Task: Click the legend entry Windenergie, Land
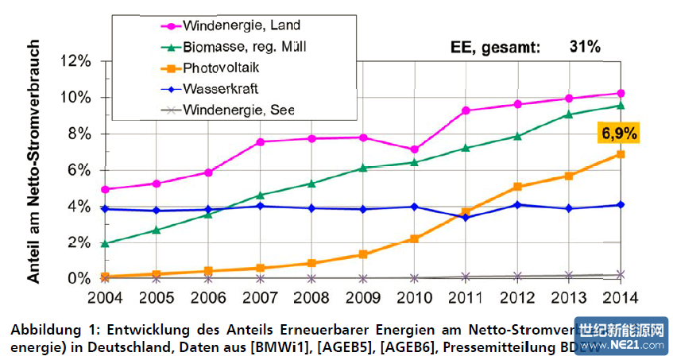tap(230, 26)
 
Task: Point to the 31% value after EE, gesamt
tap(584, 47)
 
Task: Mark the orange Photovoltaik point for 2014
tap(621, 153)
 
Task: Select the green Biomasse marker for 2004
tap(106, 243)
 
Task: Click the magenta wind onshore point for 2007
tap(260, 141)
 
